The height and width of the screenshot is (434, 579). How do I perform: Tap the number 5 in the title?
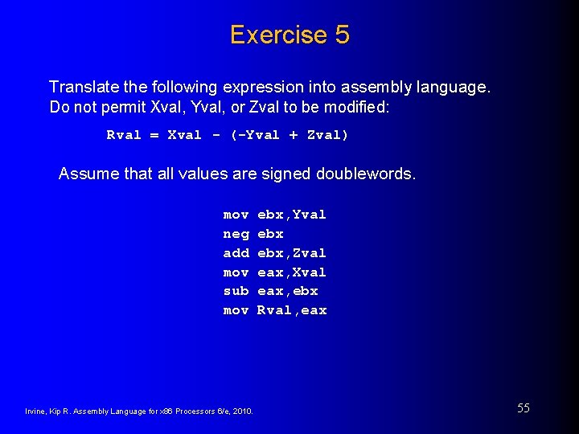coord(342,35)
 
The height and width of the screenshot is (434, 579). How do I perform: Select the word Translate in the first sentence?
coord(83,87)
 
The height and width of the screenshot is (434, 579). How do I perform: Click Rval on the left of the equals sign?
coord(124,135)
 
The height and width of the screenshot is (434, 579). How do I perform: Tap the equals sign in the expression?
coord(154,135)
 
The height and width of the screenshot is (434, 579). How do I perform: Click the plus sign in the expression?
coord(293,135)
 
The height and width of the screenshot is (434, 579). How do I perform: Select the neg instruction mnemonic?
coord(236,234)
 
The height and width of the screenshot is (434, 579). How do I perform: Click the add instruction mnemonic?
coord(236,253)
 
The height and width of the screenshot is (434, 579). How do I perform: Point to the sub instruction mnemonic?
coord(236,291)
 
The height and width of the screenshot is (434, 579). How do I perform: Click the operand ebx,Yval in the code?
coord(291,215)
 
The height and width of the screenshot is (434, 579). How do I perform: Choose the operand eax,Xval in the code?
coord(291,272)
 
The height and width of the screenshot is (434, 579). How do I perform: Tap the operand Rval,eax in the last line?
coord(291,310)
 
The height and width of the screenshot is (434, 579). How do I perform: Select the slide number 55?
coord(523,408)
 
